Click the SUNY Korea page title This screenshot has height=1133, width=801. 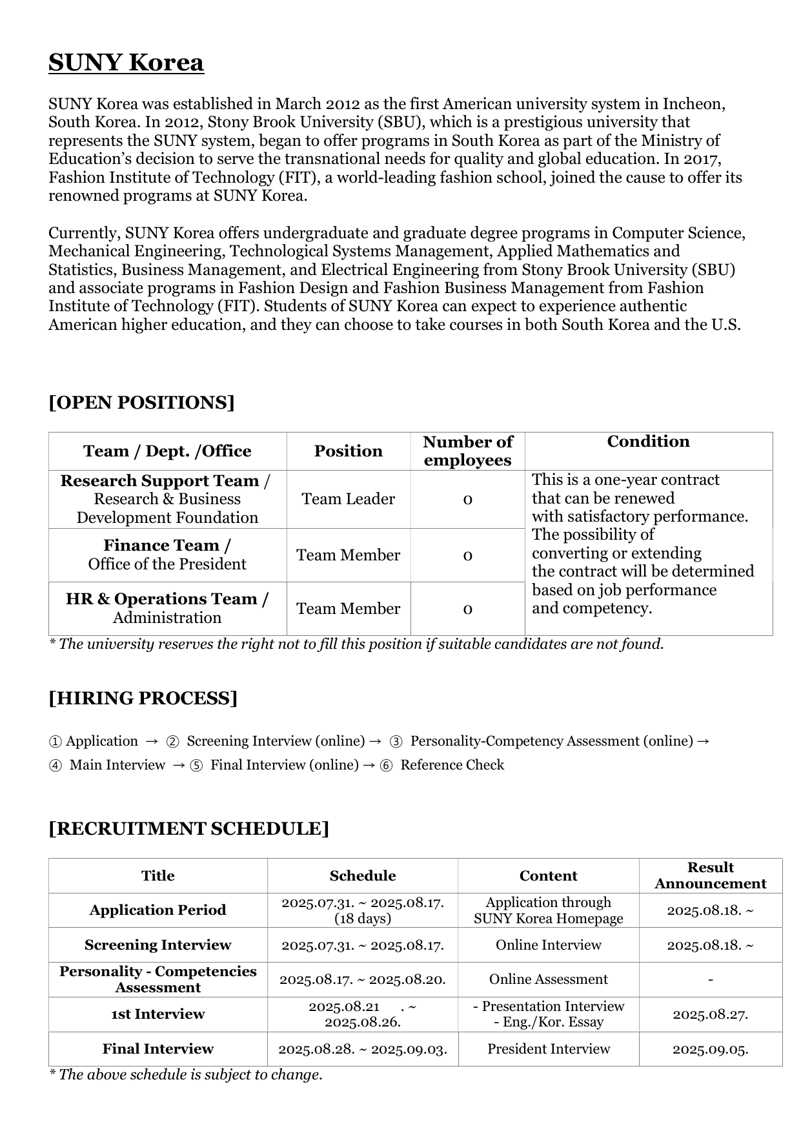pyautogui.click(x=127, y=63)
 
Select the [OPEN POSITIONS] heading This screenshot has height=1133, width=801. pyautogui.click(x=141, y=402)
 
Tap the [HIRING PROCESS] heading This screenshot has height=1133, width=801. pyautogui.click(x=143, y=698)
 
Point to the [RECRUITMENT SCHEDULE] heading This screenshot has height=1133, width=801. pyautogui.click(x=188, y=828)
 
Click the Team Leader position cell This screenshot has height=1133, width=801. pyautogui.click(x=348, y=499)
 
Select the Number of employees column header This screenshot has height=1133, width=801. pyautogui.click(x=467, y=451)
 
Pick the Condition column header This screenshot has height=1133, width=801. pyautogui.click(x=648, y=442)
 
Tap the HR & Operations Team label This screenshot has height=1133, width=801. pyautogui.click(x=167, y=599)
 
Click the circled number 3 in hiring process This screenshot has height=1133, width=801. pyautogui.click(x=397, y=741)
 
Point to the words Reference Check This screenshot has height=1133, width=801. pyautogui.click(x=452, y=765)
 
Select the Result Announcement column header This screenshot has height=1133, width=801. pyautogui.click(x=710, y=875)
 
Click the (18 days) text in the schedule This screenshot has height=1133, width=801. pyautogui.click(x=362, y=918)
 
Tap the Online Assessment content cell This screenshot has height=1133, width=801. pyautogui.click(x=548, y=979)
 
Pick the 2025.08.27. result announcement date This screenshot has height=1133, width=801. pyautogui.click(x=710, y=1014)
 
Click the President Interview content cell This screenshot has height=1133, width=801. pyautogui.click(x=548, y=1048)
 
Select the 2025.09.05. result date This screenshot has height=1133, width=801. pyautogui.click(x=710, y=1049)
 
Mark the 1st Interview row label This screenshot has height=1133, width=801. pyautogui.click(x=157, y=1014)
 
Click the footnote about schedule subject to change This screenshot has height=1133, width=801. pyautogui.click(x=186, y=1075)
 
